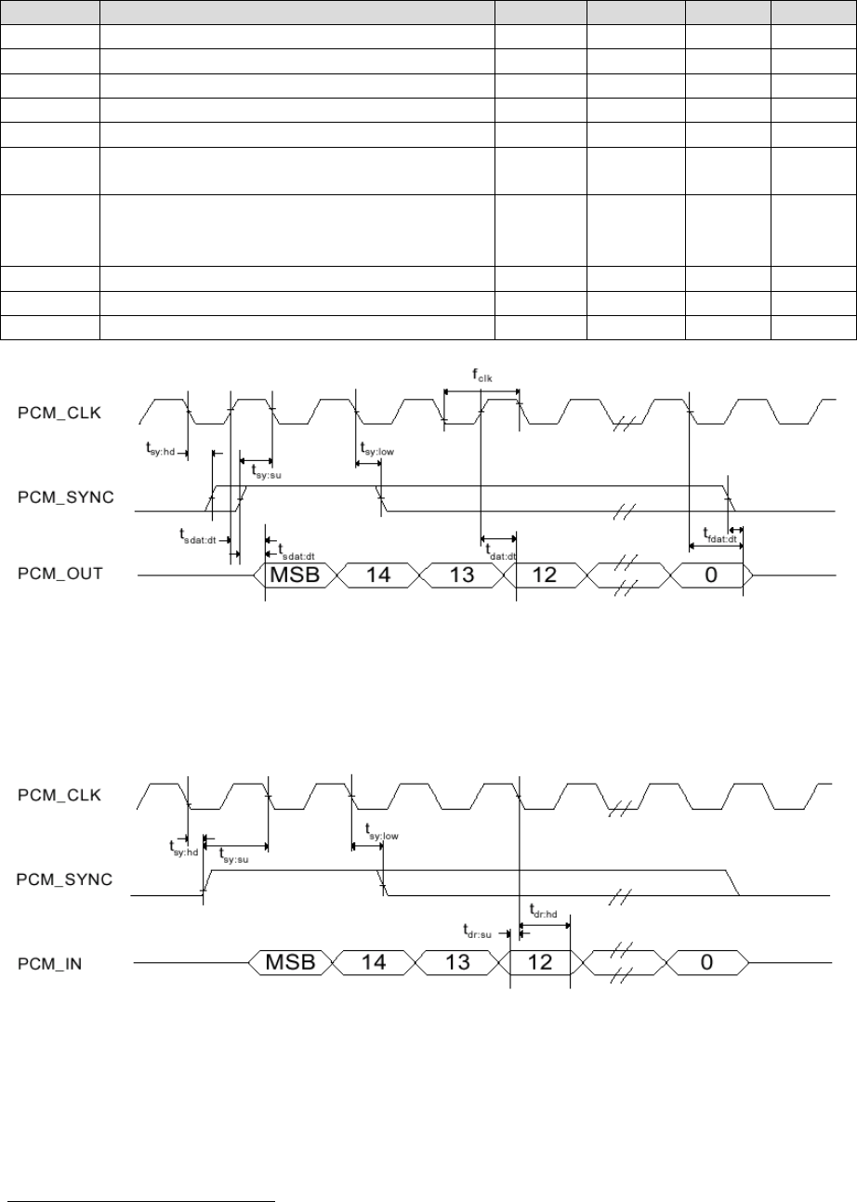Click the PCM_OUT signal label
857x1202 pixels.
[x=61, y=575]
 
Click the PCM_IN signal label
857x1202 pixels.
[x=52, y=964]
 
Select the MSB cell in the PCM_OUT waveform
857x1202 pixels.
[x=294, y=575]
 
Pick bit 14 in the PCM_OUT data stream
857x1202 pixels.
[x=377, y=575]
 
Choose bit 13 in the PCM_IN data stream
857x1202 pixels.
[x=458, y=963]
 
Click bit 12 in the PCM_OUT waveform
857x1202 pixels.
[x=544, y=575]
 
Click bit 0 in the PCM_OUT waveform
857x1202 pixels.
[x=710, y=575]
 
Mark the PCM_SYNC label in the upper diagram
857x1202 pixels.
[x=66, y=497]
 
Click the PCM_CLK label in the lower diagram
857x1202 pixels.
[x=59, y=796]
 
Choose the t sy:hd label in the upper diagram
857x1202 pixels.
[x=160, y=448]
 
